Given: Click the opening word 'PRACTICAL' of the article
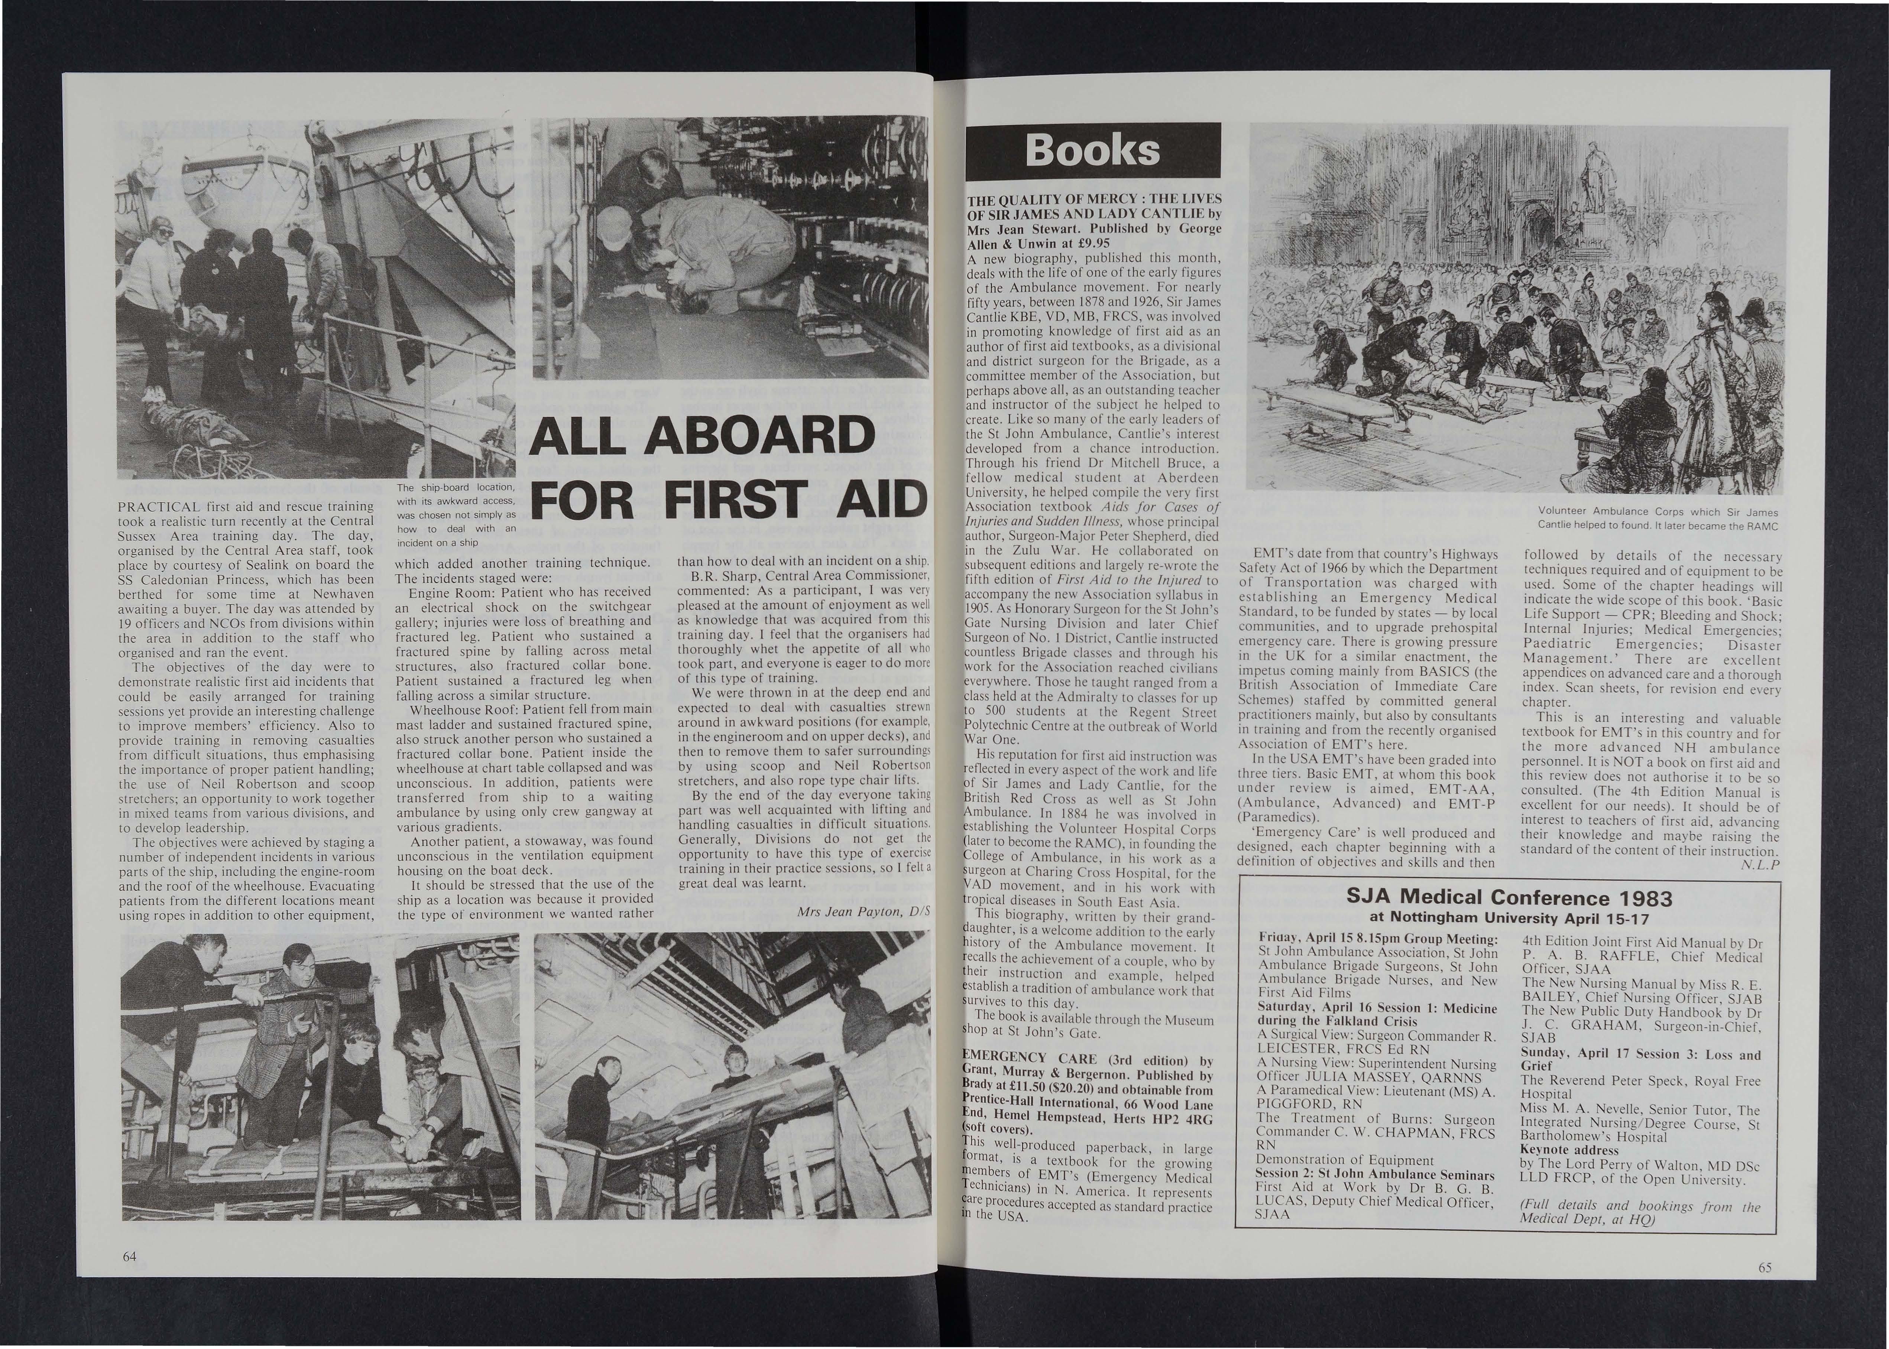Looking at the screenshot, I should click(161, 507).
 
